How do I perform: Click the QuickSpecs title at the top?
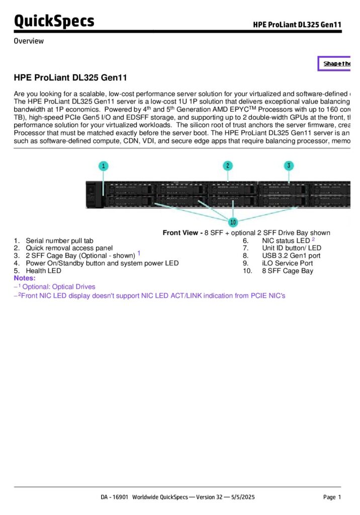pyautogui.click(x=54, y=21)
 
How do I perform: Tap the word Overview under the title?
pyautogui.click(x=29, y=41)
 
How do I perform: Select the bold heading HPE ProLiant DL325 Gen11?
pyautogui.click(x=70, y=78)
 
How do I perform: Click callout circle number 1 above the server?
pyautogui.click(x=104, y=165)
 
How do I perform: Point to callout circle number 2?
pyautogui.click(x=228, y=165)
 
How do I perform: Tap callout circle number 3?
pyautogui.click(x=289, y=165)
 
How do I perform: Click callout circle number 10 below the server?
pyautogui.click(x=233, y=222)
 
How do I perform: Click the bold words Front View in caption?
pyautogui.click(x=182, y=232)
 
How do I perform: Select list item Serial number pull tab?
pyautogui.click(x=59, y=241)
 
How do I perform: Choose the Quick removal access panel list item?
pyautogui.click(x=69, y=248)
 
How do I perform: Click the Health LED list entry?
pyautogui.click(x=43, y=271)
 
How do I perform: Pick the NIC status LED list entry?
pyautogui.click(x=286, y=241)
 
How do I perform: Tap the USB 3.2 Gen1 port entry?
pyautogui.click(x=291, y=255)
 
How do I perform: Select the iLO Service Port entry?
pyautogui.click(x=287, y=263)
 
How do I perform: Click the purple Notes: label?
pyautogui.click(x=25, y=278)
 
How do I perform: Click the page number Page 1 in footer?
pyautogui.click(x=332, y=497)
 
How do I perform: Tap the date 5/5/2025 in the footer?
pyautogui.click(x=243, y=497)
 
